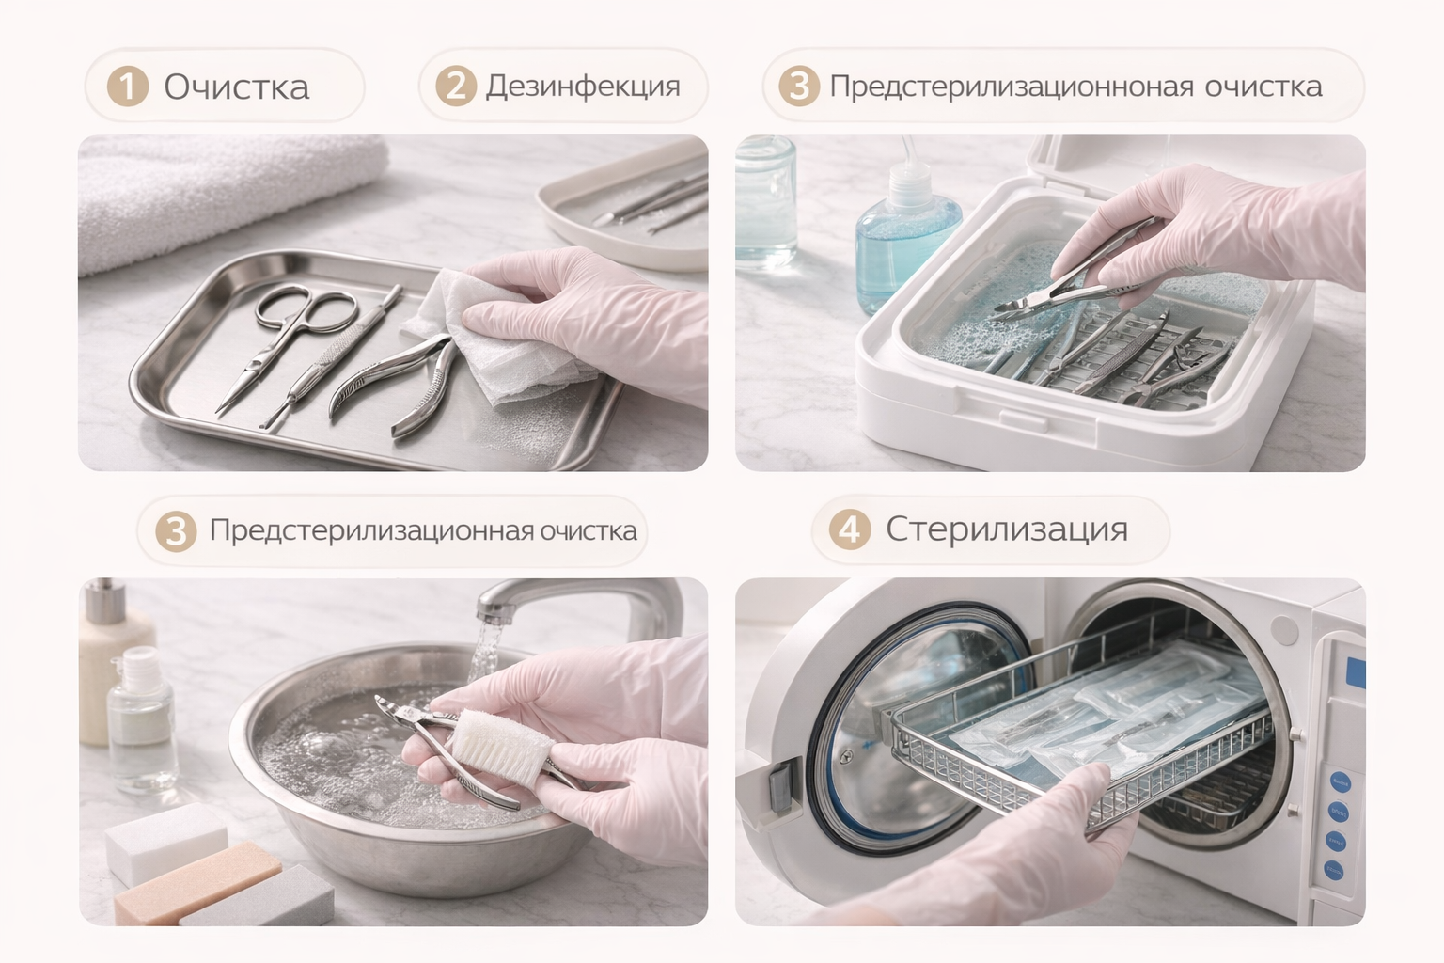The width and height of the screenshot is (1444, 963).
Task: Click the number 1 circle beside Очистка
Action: [128, 86]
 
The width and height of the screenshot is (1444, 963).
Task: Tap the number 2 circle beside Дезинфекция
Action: [456, 86]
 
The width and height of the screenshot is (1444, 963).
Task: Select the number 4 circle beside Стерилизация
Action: [849, 529]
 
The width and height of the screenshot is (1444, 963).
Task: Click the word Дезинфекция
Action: [583, 87]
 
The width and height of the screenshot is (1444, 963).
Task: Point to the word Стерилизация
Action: [1006, 530]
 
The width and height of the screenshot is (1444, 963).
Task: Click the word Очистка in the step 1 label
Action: [237, 87]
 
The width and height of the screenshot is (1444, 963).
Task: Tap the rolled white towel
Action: [226, 194]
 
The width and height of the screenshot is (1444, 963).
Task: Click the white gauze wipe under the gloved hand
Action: [496, 336]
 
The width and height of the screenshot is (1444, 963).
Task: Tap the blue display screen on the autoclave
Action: [1356, 672]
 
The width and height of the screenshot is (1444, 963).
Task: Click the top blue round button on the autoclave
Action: [1342, 782]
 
